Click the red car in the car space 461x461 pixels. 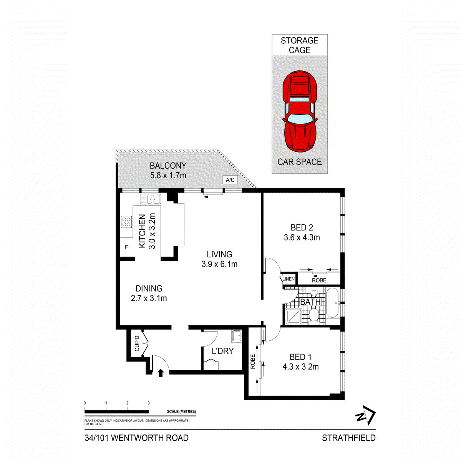[x=300, y=111]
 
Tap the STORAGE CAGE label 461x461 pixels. [x=300, y=45]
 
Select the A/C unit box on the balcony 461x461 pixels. [x=230, y=180]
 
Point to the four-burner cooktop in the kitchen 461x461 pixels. [x=126, y=222]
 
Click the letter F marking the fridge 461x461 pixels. [x=126, y=247]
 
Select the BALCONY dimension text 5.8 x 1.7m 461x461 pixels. [x=168, y=176]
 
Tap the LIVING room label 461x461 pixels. [x=219, y=254]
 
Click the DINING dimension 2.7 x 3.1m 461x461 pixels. [x=149, y=298]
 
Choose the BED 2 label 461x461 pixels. [x=302, y=228]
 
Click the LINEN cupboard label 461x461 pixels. [x=289, y=279]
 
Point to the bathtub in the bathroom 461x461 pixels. [x=332, y=303]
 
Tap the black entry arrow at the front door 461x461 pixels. [x=161, y=373]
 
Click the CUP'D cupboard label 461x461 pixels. [x=137, y=344]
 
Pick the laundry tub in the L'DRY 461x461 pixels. [x=236, y=336]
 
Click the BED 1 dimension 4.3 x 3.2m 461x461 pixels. [x=301, y=367]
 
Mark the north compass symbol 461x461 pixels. [x=365, y=415]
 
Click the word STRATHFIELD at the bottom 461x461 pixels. [x=348, y=438]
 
